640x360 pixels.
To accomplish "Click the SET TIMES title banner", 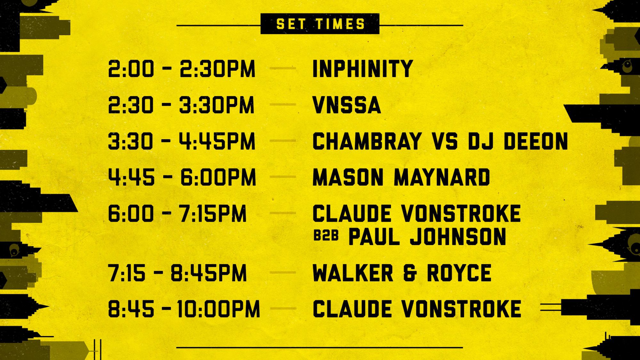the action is [x=320, y=24].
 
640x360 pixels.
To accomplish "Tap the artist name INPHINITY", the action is [x=363, y=69].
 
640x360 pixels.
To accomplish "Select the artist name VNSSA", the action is [x=347, y=105].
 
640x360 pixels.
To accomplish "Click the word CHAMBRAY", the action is [x=367, y=141].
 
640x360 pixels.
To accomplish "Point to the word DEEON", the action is [x=536, y=141].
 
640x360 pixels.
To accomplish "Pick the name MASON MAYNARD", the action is [x=401, y=177].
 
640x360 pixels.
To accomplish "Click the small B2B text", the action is [x=326, y=236].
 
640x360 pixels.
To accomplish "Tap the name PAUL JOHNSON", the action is [x=427, y=237].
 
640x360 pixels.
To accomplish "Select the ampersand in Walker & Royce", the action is [x=410, y=273].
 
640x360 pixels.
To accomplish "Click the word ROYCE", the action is [x=459, y=273].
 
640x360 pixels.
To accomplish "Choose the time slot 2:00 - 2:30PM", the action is [x=182, y=69].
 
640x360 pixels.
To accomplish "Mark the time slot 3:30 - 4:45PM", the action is [x=182, y=141].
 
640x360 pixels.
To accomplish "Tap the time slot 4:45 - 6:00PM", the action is [x=182, y=177].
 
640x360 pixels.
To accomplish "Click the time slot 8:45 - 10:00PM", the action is [x=184, y=309].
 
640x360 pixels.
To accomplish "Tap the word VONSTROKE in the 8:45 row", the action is [x=461, y=309].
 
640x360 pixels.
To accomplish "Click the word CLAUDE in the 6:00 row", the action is [x=352, y=213].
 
